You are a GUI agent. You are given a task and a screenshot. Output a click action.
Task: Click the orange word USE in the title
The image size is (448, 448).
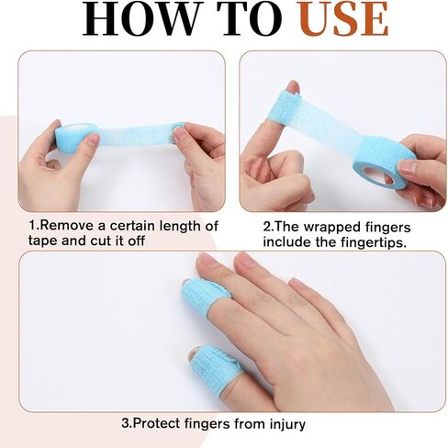(343, 18)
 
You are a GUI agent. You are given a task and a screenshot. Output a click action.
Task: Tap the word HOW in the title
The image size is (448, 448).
(139, 18)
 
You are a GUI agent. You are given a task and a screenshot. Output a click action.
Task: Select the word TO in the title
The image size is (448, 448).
(249, 18)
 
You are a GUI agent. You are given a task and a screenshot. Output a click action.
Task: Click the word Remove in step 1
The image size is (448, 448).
(66, 226)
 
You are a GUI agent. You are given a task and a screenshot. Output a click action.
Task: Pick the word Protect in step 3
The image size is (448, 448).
(157, 424)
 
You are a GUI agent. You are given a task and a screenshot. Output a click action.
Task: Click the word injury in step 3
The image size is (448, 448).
(287, 425)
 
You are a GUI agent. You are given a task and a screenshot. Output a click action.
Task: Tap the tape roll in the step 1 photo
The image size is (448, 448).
(73, 137)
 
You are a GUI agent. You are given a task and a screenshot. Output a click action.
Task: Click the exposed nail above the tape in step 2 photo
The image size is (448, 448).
(293, 85)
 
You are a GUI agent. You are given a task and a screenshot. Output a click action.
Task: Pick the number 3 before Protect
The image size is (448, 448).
(125, 424)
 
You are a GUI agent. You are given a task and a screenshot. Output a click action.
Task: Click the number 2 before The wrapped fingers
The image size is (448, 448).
(267, 228)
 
